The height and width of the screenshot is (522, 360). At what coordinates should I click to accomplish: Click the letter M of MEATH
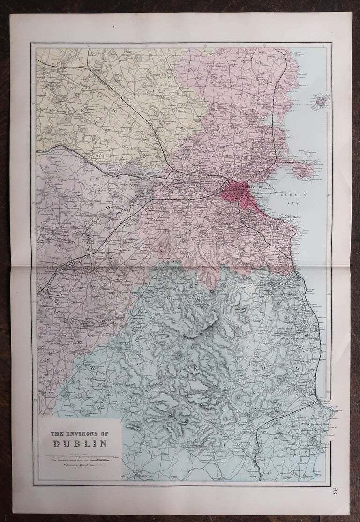49,109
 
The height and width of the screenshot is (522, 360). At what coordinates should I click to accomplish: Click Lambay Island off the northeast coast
322,100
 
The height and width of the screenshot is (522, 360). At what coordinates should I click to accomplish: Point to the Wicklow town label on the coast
325,402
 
